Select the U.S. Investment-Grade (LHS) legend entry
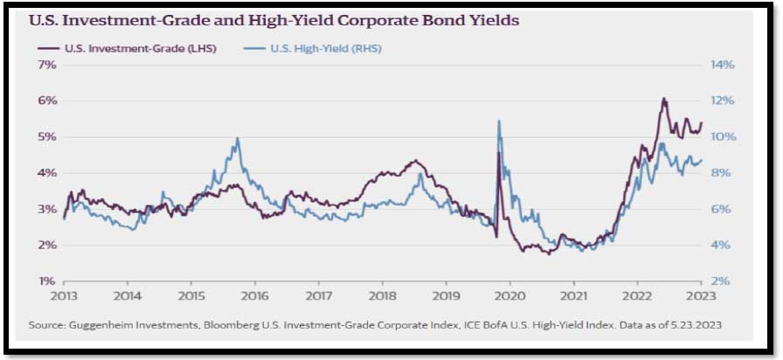(x=117, y=49)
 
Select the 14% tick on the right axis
(x=723, y=65)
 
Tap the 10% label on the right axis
(x=723, y=137)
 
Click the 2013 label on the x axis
(x=64, y=296)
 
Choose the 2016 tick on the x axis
(x=254, y=296)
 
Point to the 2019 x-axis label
(x=446, y=296)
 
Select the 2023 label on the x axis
(x=701, y=296)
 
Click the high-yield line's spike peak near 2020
(x=498, y=121)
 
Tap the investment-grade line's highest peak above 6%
(x=663, y=99)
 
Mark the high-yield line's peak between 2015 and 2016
(x=238, y=138)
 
